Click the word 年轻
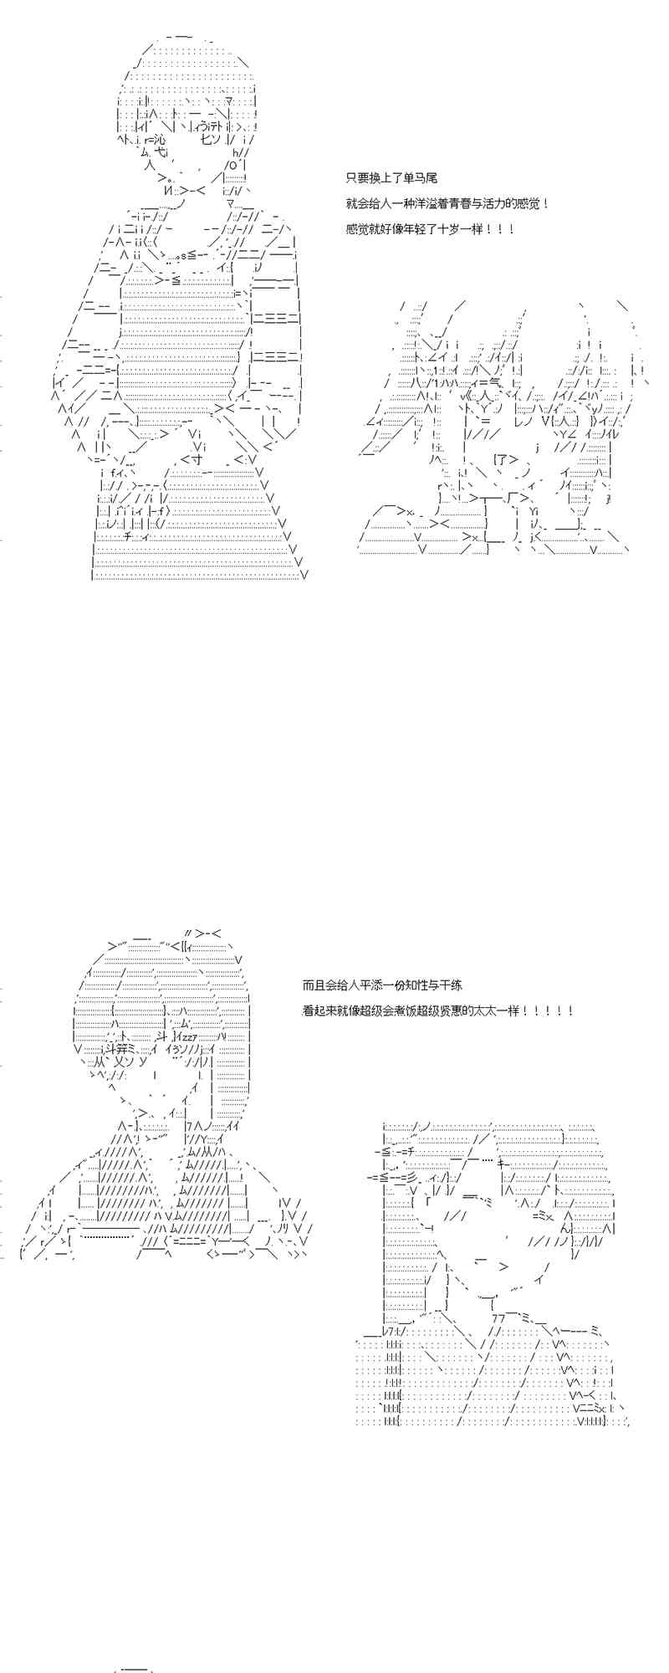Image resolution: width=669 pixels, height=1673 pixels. point(419,228)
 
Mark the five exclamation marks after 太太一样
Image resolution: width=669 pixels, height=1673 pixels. point(549,1010)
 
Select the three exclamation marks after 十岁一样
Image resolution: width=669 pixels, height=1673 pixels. point(498,228)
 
